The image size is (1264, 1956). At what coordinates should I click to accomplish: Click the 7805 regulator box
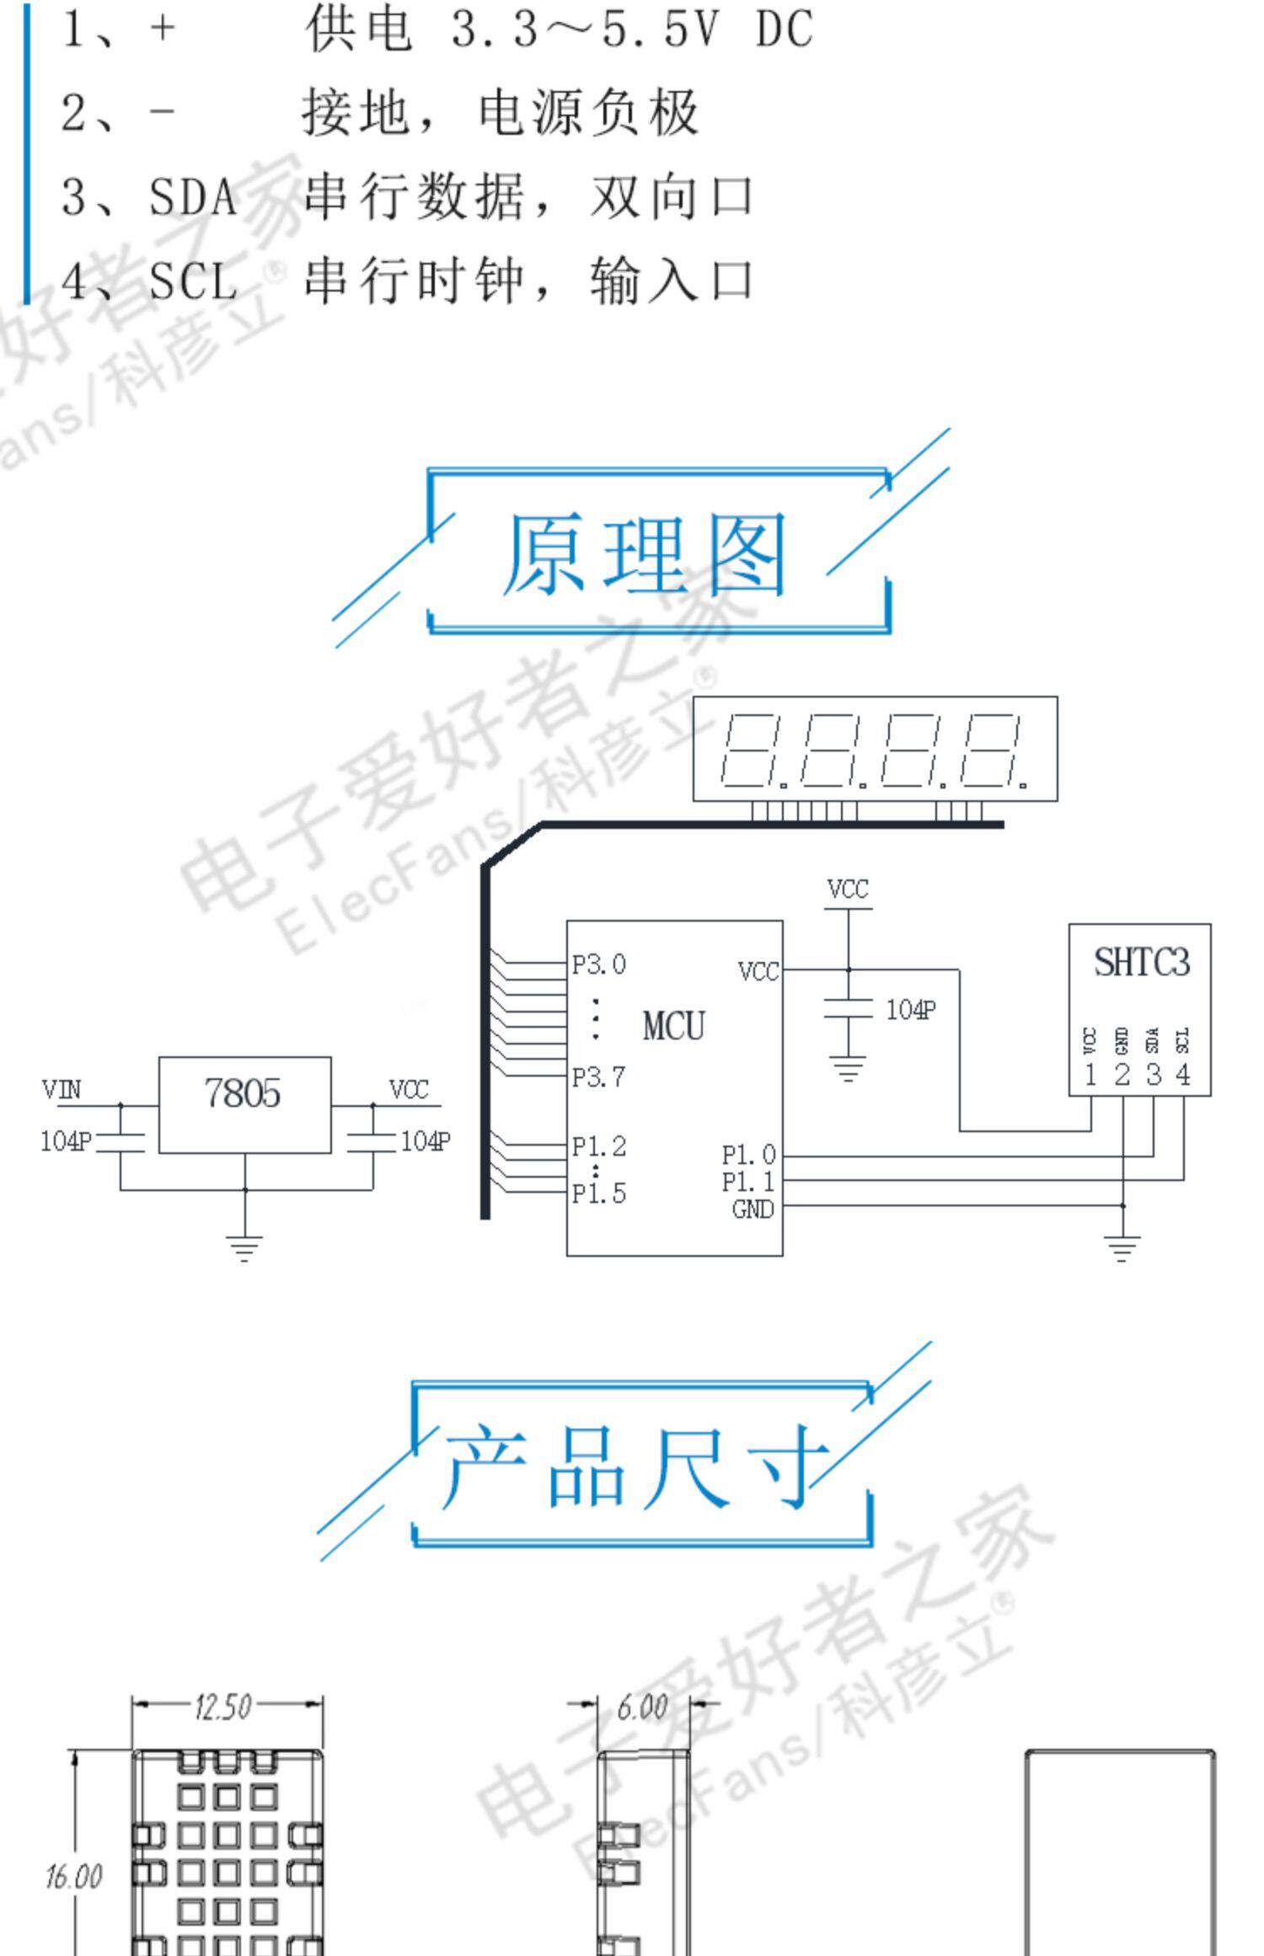tap(244, 1104)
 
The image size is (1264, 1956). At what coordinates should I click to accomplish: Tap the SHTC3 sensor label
tap(1141, 962)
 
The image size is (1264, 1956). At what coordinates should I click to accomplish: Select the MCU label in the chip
tap(673, 1026)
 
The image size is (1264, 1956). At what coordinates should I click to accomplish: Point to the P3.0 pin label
tap(598, 965)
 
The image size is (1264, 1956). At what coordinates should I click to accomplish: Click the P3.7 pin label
tap(598, 1077)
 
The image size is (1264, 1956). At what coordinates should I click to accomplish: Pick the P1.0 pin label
tap(748, 1154)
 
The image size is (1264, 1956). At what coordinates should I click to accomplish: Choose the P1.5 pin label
tap(598, 1193)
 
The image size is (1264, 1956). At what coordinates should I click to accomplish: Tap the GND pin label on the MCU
tap(753, 1210)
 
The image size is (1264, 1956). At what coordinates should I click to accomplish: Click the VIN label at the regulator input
tap(62, 1090)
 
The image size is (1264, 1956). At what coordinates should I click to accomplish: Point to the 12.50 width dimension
tap(222, 1707)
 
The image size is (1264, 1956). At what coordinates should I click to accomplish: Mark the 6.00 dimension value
tap(642, 1707)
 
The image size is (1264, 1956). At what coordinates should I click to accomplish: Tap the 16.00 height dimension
tap(73, 1877)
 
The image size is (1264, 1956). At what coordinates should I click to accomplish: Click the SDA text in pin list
tap(193, 197)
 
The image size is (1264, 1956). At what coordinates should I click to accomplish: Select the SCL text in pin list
tap(193, 281)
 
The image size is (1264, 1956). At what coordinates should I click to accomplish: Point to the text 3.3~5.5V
tap(586, 29)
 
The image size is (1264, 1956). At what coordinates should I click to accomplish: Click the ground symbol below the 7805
tap(244, 1247)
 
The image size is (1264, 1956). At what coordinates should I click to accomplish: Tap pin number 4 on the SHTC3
tap(1183, 1075)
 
